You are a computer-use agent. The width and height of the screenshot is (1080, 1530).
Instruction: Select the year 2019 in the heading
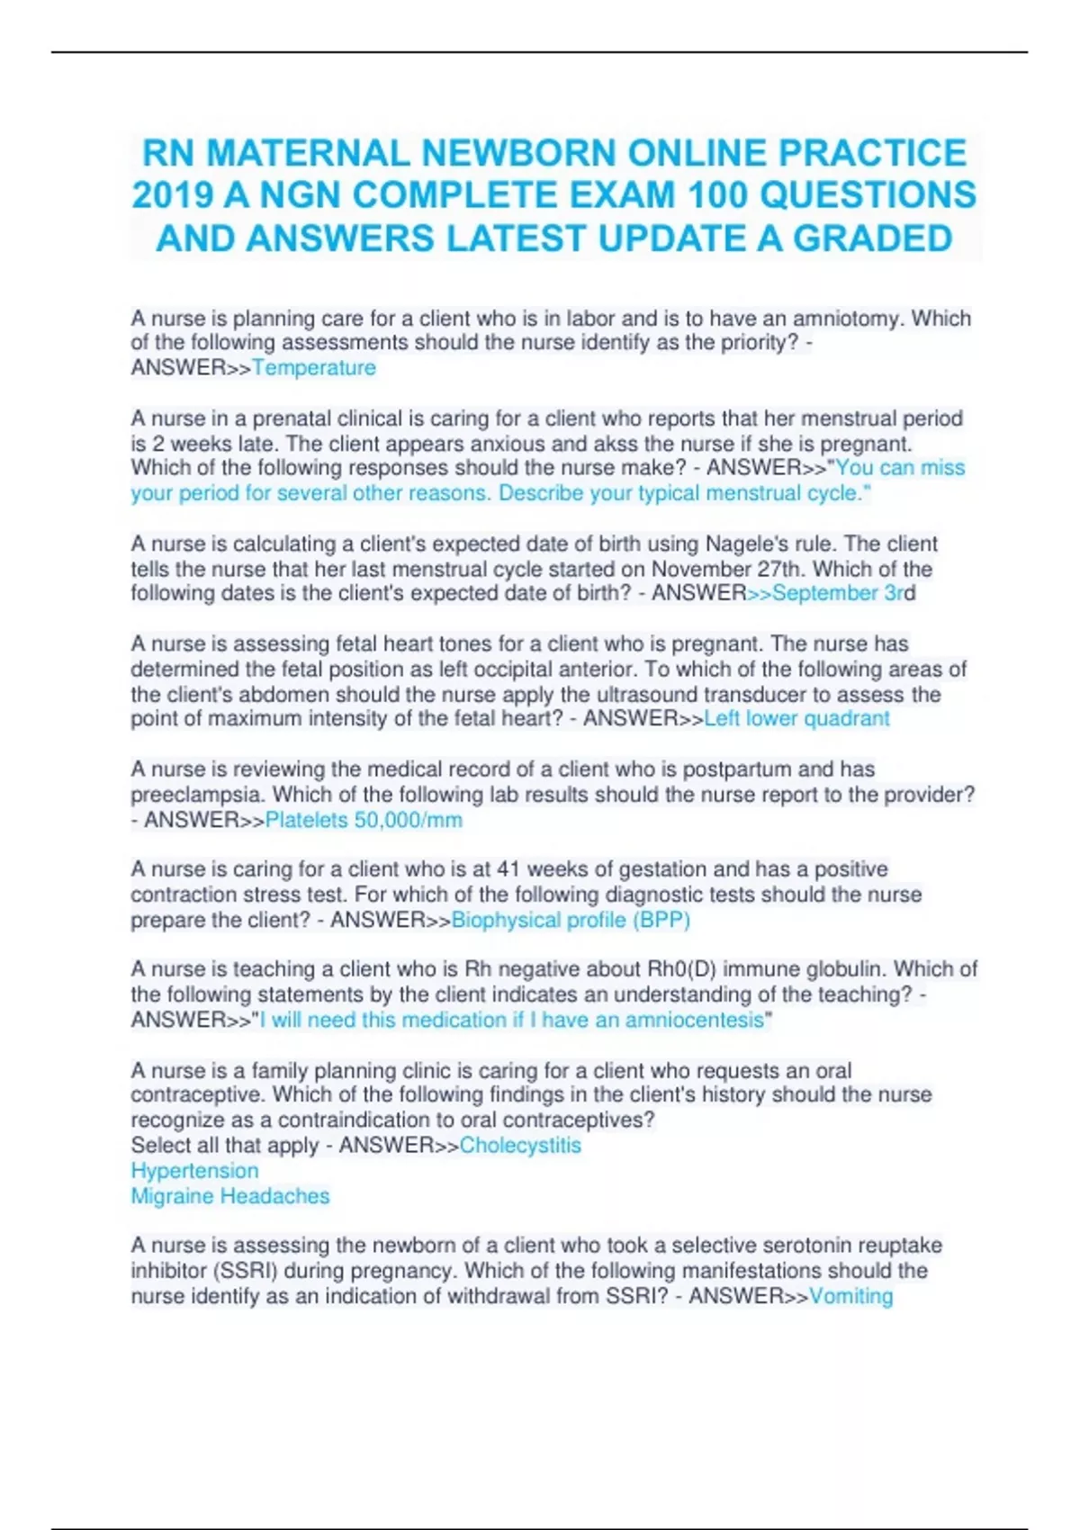click(x=171, y=195)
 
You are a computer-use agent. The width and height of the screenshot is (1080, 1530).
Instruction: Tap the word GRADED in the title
click(x=871, y=238)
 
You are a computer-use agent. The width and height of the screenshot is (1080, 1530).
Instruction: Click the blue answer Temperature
click(x=314, y=367)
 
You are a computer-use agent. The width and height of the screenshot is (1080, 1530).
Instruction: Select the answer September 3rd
click(x=843, y=593)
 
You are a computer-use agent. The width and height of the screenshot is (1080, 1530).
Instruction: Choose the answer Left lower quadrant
click(x=796, y=718)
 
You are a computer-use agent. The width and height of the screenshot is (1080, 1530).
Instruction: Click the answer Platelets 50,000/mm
click(x=364, y=820)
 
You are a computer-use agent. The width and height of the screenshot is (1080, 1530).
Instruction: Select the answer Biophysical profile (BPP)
click(x=571, y=920)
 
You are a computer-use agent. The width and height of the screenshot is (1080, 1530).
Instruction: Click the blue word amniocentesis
click(x=694, y=1020)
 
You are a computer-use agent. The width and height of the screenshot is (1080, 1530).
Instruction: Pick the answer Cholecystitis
click(x=520, y=1145)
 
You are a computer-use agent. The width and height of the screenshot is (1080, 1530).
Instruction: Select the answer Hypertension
click(x=194, y=1170)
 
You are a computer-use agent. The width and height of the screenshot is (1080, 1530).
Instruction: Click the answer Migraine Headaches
click(x=230, y=1195)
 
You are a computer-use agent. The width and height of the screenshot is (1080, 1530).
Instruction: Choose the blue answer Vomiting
click(x=850, y=1296)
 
